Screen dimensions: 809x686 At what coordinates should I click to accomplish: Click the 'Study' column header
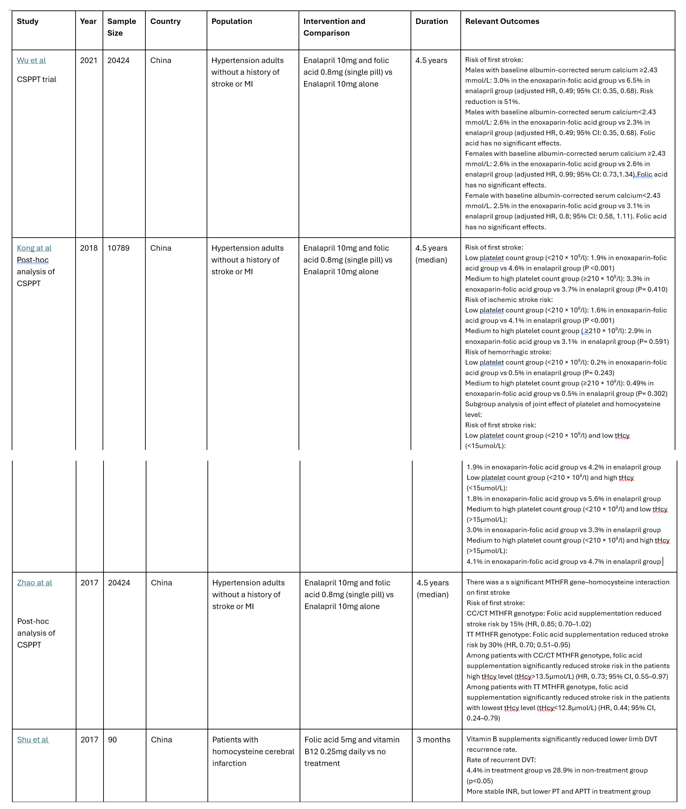(28, 21)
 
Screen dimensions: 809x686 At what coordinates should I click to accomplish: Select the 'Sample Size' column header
(121, 27)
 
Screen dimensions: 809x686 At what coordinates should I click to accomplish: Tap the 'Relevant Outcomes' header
(502, 21)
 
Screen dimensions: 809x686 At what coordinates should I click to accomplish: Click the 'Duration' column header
(431, 21)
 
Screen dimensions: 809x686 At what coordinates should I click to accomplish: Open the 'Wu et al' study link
(31, 60)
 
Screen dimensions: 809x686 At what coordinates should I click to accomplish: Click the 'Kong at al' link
(34, 248)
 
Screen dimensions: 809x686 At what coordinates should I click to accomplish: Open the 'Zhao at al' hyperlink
(34, 583)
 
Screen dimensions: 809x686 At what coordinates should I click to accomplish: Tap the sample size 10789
(118, 248)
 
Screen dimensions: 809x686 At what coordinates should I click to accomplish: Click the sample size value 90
(112, 740)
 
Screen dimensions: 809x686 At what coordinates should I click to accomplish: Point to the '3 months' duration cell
(433, 740)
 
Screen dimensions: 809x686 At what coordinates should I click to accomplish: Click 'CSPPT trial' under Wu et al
(36, 79)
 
